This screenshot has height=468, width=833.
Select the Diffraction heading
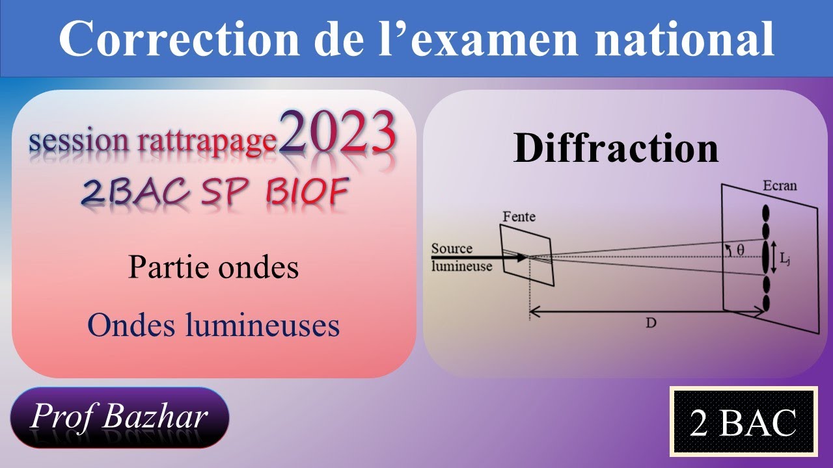(x=616, y=149)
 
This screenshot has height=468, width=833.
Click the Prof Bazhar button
(x=120, y=418)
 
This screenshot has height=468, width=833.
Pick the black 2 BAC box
(x=743, y=422)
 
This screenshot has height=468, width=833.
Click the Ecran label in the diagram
(x=779, y=186)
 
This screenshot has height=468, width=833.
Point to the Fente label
(x=519, y=215)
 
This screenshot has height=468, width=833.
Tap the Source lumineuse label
(x=461, y=257)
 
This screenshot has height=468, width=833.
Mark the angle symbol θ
(x=741, y=250)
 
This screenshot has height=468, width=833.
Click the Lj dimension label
(x=786, y=258)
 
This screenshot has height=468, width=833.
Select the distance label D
(x=649, y=322)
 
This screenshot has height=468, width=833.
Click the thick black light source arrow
(x=478, y=257)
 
